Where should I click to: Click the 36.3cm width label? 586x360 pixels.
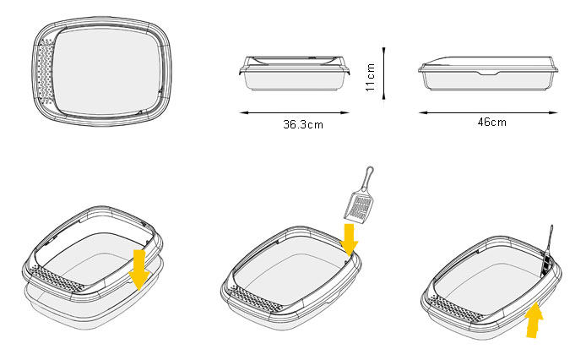(x=303, y=124)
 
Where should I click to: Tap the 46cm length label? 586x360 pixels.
(x=491, y=122)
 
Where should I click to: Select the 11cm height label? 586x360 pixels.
(x=370, y=77)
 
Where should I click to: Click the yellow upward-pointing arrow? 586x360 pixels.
(x=534, y=320)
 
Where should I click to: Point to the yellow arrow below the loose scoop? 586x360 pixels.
(x=349, y=239)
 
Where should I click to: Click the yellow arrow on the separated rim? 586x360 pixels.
(x=139, y=270)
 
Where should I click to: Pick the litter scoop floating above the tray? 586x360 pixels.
(x=360, y=195)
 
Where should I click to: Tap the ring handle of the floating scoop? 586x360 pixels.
(x=368, y=176)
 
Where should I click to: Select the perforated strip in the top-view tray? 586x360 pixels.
(x=46, y=71)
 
